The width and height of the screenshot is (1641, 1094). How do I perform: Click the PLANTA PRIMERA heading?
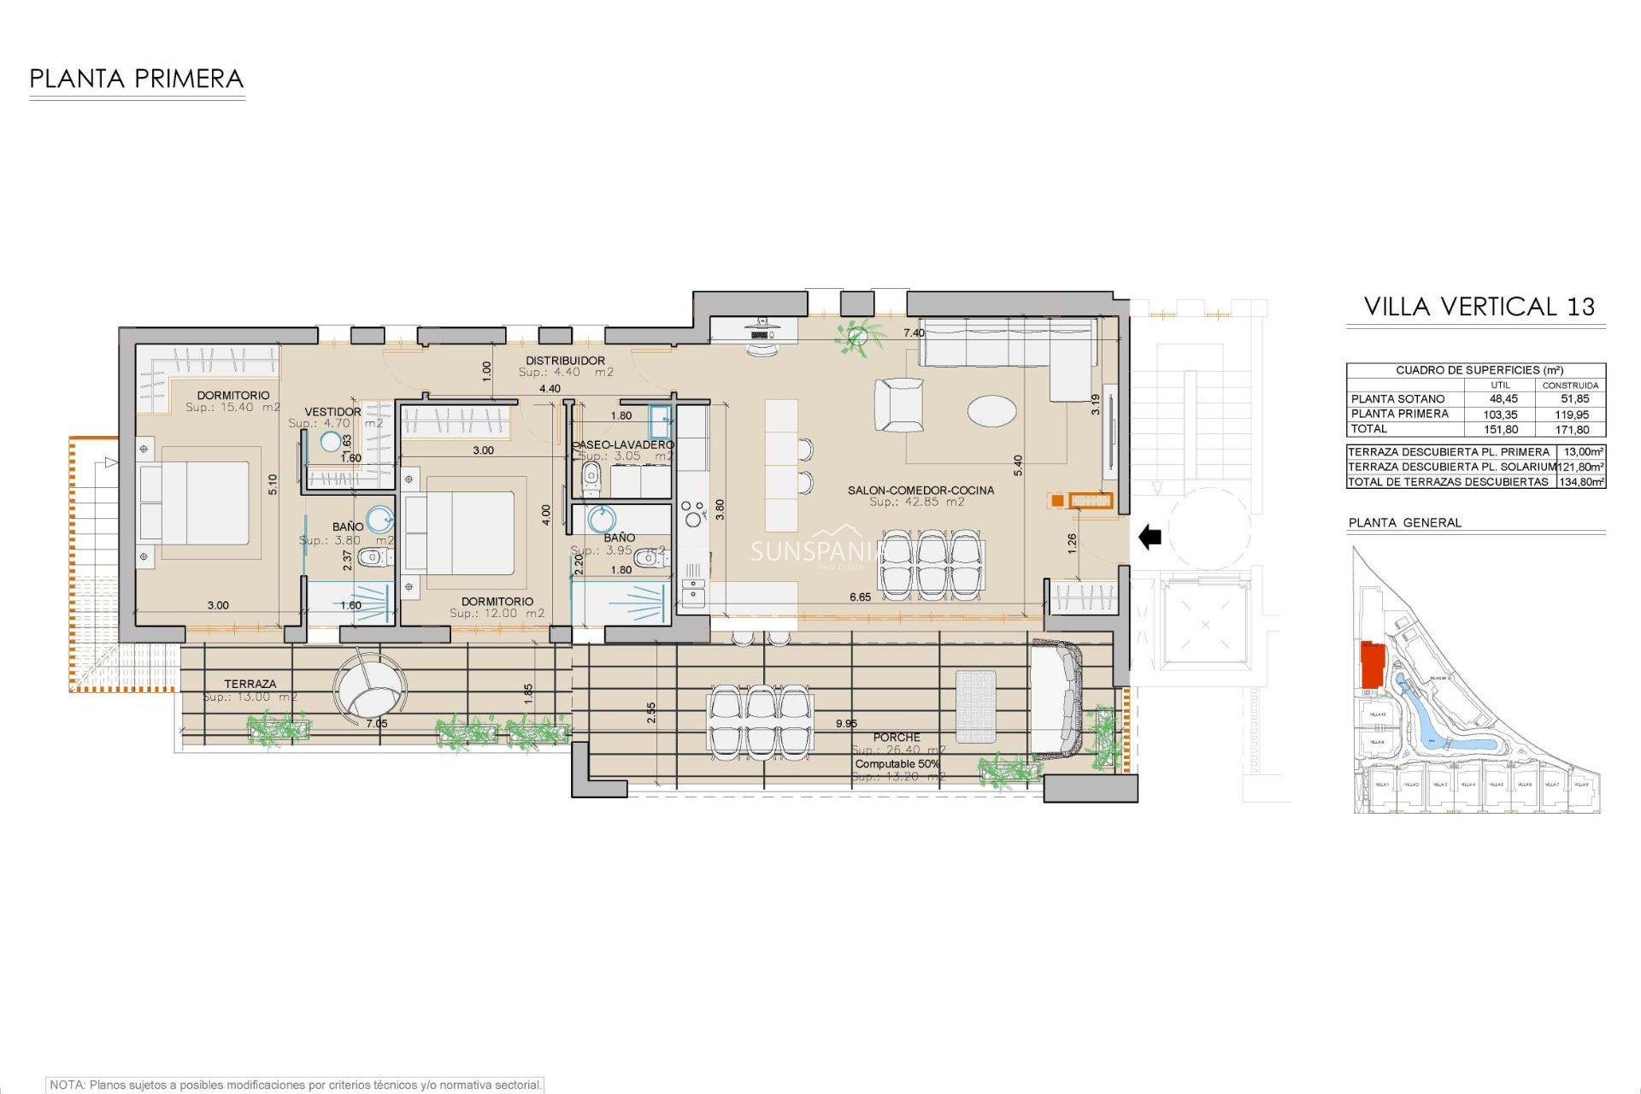[x=137, y=79]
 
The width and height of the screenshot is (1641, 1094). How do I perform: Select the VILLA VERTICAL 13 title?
[x=1479, y=307]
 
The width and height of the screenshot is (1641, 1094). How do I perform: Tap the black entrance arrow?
[x=1150, y=538]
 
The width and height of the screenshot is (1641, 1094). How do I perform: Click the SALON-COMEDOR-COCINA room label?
[x=920, y=491]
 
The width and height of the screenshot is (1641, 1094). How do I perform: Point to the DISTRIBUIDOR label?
[x=565, y=361]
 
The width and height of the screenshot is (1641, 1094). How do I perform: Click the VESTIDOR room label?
[x=332, y=412]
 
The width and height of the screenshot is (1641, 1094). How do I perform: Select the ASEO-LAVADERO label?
[x=623, y=444]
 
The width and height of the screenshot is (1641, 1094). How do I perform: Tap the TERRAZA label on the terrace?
[x=250, y=684]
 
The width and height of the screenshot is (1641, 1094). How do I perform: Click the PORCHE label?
[x=897, y=737]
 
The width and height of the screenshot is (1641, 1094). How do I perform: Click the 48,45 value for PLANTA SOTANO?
[x=1503, y=399]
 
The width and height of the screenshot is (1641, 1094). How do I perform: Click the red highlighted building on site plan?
[x=1372, y=664]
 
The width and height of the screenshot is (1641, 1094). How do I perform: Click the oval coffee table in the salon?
[x=992, y=410]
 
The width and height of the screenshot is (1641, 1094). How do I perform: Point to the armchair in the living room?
[x=899, y=405]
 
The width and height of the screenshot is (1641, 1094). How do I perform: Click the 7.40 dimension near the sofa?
[x=914, y=333]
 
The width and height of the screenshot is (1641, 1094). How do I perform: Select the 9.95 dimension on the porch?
[x=846, y=723]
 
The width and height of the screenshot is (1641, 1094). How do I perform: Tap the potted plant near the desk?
[x=856, y=337]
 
